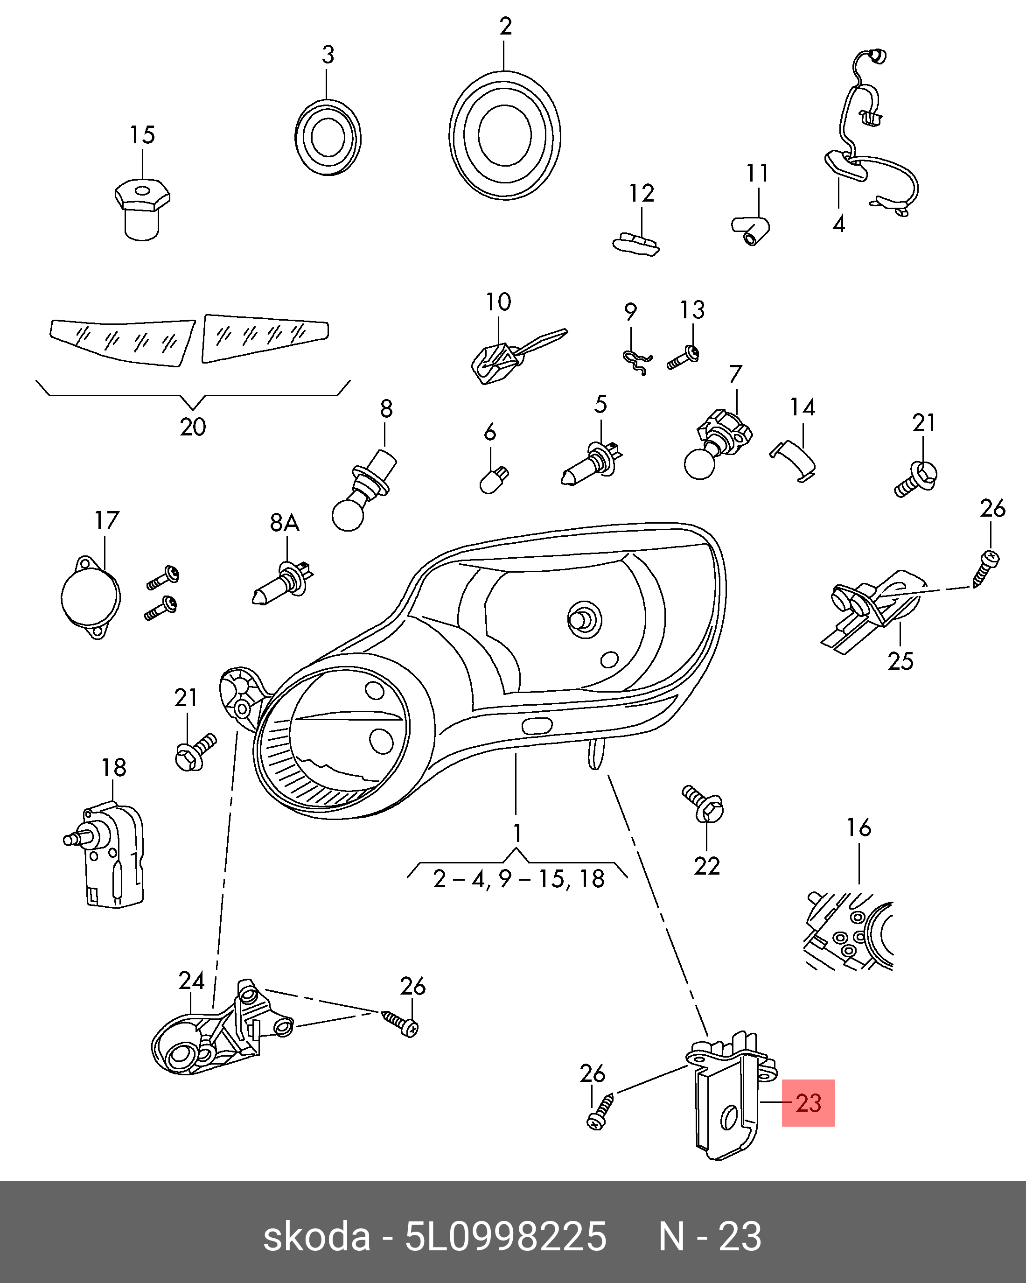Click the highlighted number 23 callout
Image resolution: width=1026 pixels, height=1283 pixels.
(x=808, y=1103)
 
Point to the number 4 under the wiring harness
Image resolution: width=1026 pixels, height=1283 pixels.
(x=838, y=224)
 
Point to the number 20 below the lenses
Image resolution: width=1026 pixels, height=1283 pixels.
(x=193, y=427)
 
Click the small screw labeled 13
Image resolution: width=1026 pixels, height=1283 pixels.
(x=684, y=357)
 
